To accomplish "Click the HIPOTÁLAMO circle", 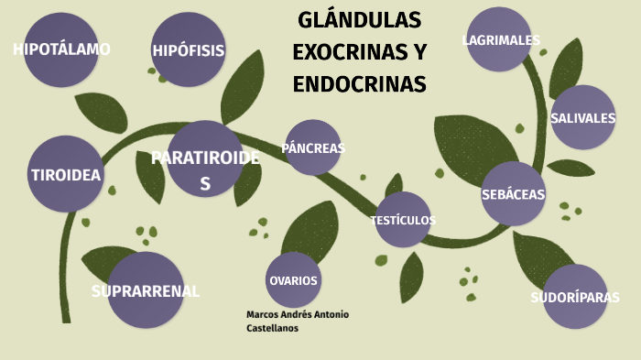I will tap(61, 49).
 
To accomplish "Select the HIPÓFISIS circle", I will tap(189, 50).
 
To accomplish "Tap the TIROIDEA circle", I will tap(66, 174).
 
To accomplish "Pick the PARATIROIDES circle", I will tap(205, 158).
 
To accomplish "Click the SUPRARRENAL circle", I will tap(146, 290).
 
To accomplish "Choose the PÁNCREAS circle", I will tap(313, 147).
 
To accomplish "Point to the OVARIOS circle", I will tap(293, 279).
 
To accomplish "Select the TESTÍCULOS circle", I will tap(403, 220).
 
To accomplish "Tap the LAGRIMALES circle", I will tap(499, 40).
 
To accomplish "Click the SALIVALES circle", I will tap(582, 117).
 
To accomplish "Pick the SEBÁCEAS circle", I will tap(513, 194).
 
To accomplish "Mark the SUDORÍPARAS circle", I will tap(575, 297).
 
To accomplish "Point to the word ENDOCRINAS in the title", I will tap(360, 84).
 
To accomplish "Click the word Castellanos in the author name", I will tap(273, 327).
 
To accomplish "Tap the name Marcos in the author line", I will tap(264, 314).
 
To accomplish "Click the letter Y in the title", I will tap(419, 52).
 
